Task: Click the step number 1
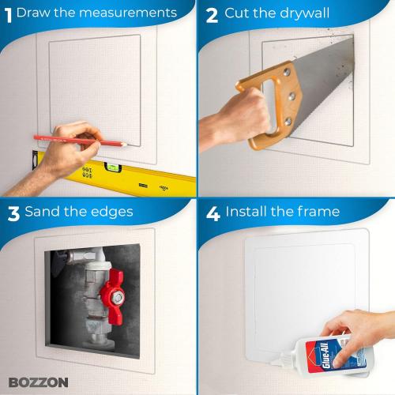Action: click(x=8, y=13)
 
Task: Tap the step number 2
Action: click(x=211, y=13)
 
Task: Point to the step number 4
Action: click(x=212, y=212)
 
